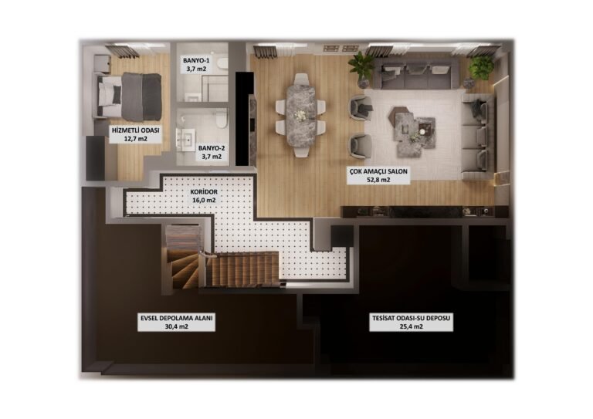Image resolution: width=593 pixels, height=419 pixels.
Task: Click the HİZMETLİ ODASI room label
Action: [135, 130]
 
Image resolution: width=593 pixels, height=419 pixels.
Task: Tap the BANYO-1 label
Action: [196, 60]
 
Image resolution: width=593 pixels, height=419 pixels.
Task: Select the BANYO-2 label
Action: [212, 148]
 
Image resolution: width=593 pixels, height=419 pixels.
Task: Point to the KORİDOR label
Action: [204, 191]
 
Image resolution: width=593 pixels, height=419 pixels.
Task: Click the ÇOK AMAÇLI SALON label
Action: [378, 171]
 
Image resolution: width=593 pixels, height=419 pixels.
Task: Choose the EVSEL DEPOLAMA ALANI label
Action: [177, 318]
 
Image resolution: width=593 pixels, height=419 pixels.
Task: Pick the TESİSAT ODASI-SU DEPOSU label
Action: [411, 318]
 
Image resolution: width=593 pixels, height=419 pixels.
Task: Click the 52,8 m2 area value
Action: [378, 180]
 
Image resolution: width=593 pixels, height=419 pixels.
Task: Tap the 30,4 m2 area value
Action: [177, 327]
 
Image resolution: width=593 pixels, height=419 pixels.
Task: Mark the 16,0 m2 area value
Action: [204, 201]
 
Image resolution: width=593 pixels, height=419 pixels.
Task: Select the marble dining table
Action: [301, 114]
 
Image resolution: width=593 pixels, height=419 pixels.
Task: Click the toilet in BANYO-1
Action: [222, 64]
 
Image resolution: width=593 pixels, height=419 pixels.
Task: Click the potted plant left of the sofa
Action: [361, 68]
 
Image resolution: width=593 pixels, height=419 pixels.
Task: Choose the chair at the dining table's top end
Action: [301, 79]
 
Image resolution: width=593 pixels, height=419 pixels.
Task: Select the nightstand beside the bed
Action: [102, 63]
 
